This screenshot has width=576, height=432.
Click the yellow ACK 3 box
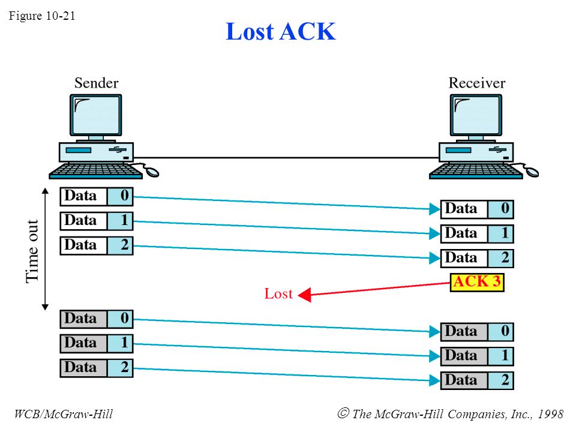[x=477, y=282]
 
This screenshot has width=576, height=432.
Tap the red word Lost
[x=278, y=294]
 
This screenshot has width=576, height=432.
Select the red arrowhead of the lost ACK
[x=305, y=295]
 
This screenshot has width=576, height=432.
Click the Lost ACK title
[x=280, y=31]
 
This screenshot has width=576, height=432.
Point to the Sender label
[x=96, y=83]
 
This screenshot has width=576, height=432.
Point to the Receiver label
[x=477, y=83]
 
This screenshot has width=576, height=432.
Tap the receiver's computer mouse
[x=530, y=171]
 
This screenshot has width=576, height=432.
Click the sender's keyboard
[x=95, y=171]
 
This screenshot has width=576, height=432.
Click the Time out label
[x=32, y=251]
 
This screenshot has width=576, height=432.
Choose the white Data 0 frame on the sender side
[x=97, y=196]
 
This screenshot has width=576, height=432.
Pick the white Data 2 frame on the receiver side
[x=477, y=258]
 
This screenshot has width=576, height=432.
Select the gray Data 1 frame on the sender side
[x=97, y=343]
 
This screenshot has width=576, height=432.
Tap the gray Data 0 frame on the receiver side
[x=477, y=331]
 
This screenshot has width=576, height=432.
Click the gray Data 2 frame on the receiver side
[x=477, y=380]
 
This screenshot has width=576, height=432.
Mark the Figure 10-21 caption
[x=42, y=16]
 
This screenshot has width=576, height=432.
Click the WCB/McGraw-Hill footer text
[x=64, y=414]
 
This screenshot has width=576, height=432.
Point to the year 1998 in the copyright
[x=550, y=414]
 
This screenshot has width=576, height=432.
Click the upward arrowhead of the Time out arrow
[x=45, y=191]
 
